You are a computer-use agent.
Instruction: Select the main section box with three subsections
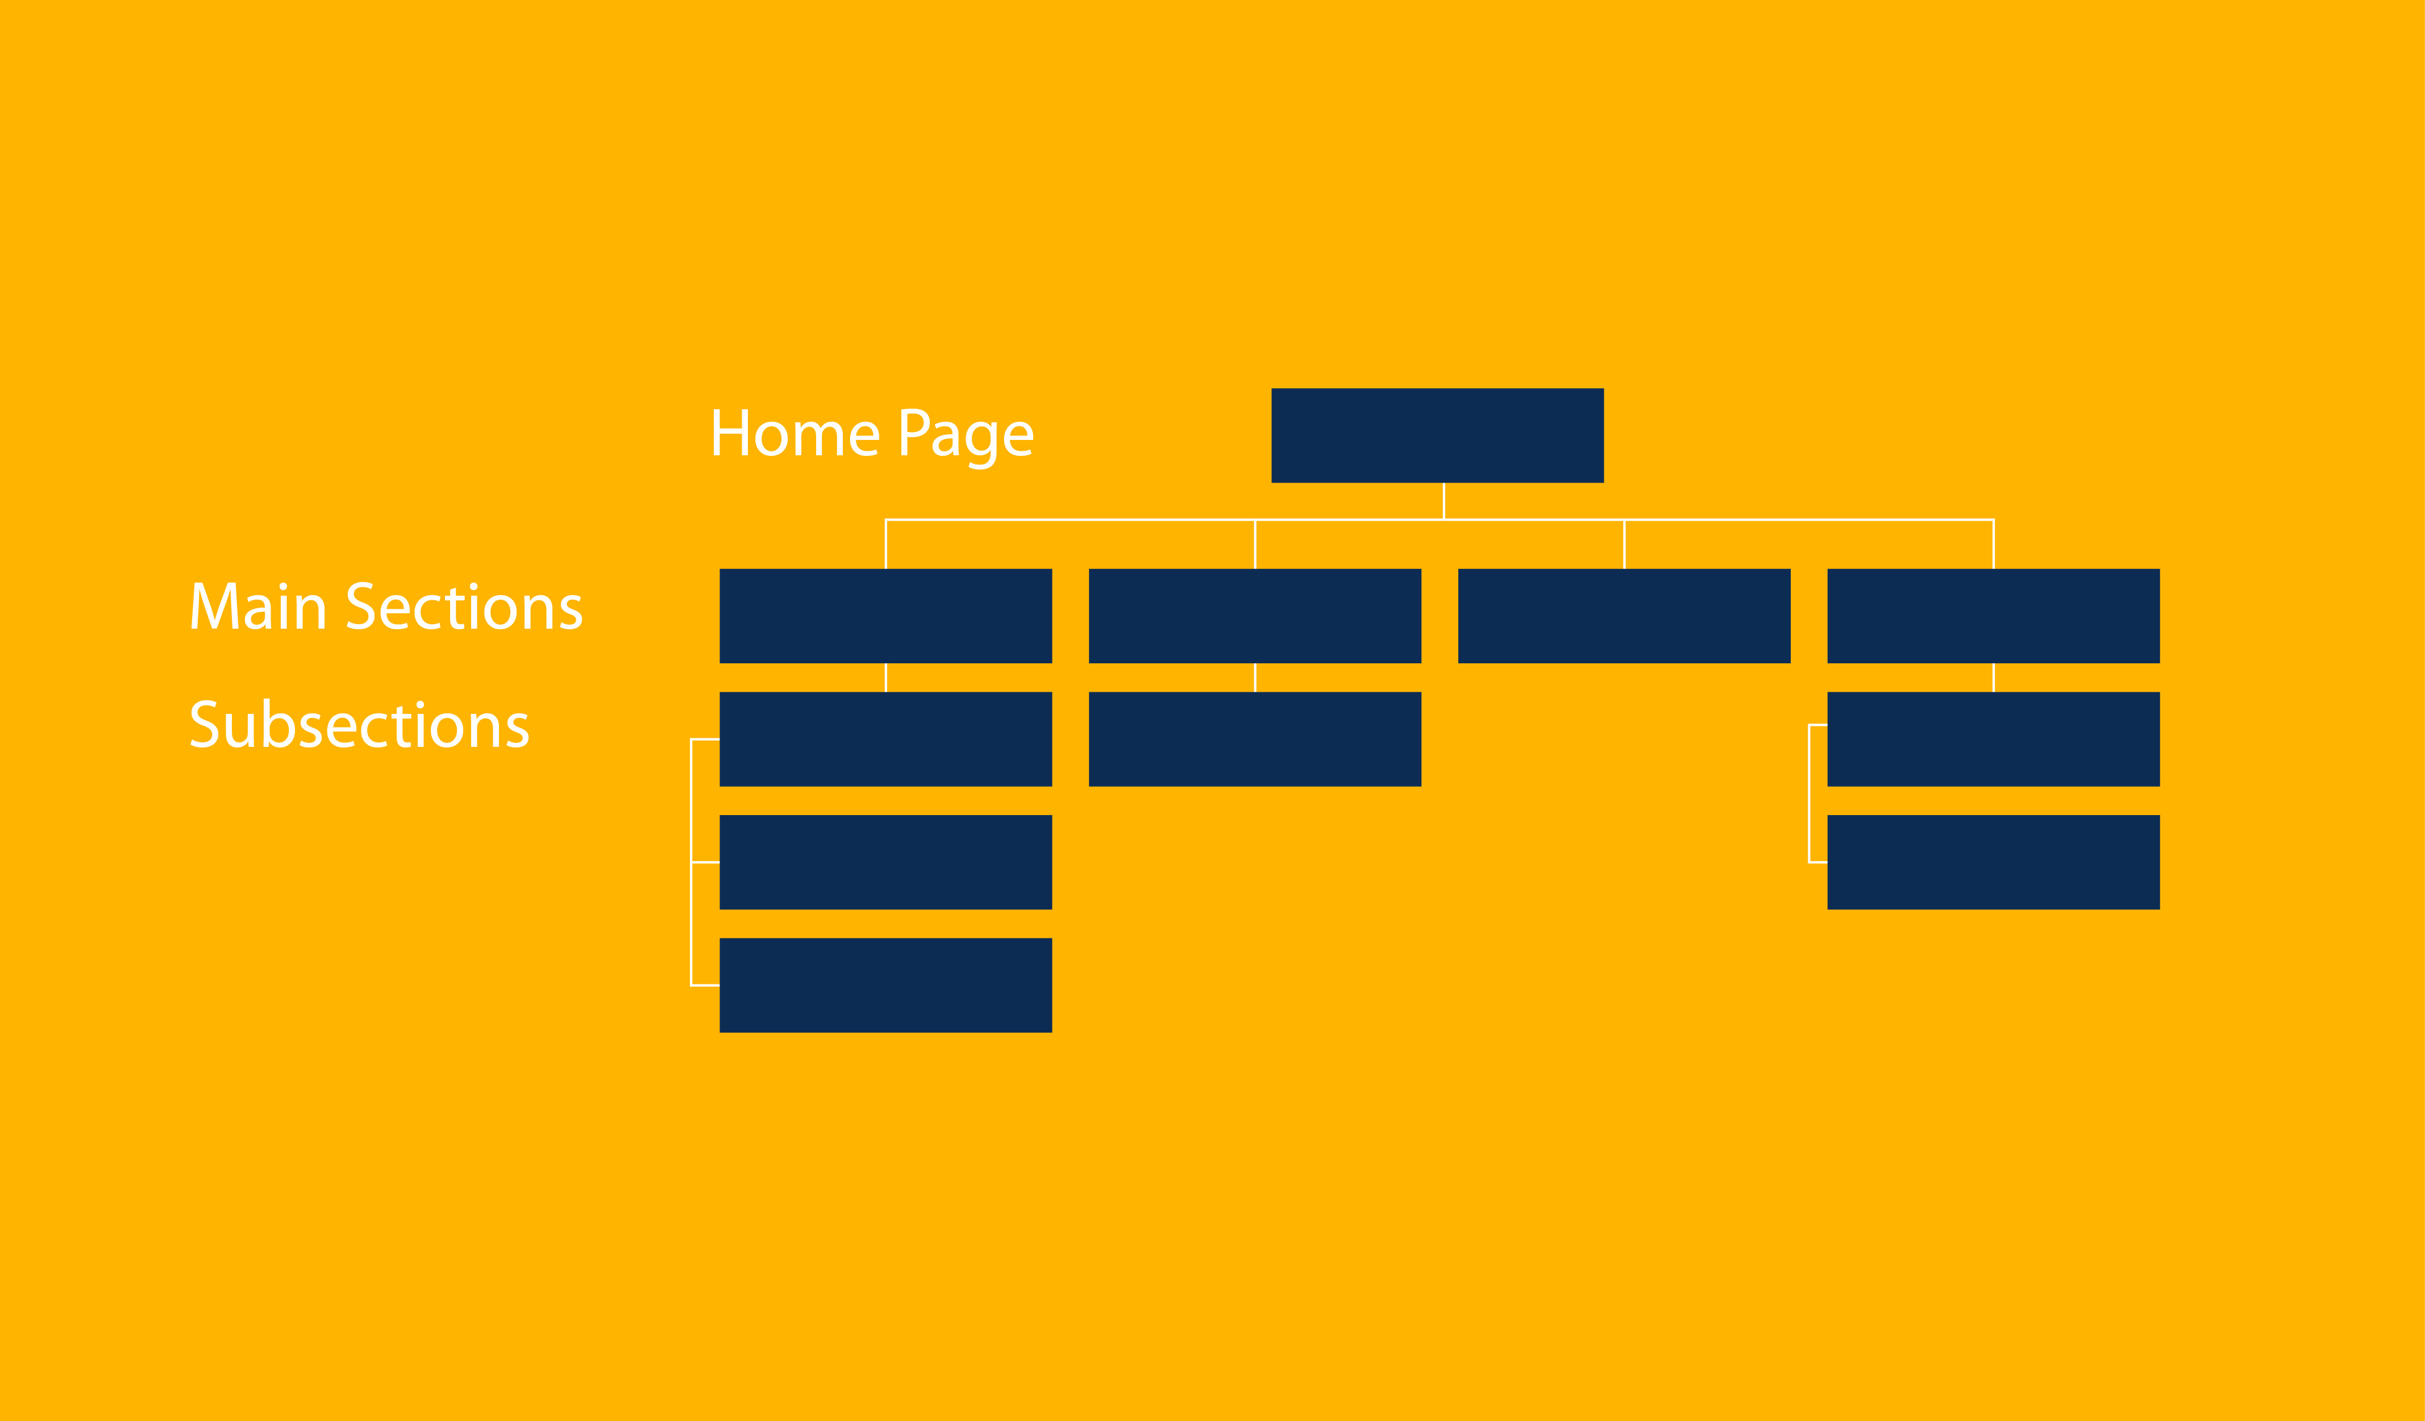(x=885, y=616)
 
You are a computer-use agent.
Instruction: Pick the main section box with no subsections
(x=1624, y=616)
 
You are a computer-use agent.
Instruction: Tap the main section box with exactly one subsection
(x=1255, y=616)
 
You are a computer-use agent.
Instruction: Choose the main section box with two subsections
(x=1994, y=616)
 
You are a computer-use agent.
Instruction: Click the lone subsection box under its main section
(x=1255, y=739)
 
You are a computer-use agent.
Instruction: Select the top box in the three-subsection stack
(x=885, y=739)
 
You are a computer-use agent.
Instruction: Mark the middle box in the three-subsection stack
(x=885, y=863)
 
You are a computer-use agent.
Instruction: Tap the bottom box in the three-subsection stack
(x=885, y=986)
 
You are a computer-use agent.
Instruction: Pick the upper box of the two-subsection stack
(x=1994, y=739)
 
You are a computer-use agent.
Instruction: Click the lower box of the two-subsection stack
(x=1994, y=863)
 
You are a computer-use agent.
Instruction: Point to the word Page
(x=966, y=439)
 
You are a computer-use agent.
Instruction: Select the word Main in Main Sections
(x=258, y=606)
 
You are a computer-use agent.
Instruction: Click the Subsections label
(x=359, y=724)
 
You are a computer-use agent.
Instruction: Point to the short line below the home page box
(x=1444, y=501)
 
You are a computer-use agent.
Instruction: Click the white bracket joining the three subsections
(x=691, y=863)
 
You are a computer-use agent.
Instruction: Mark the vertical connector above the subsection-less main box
(x=1624, y=544)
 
